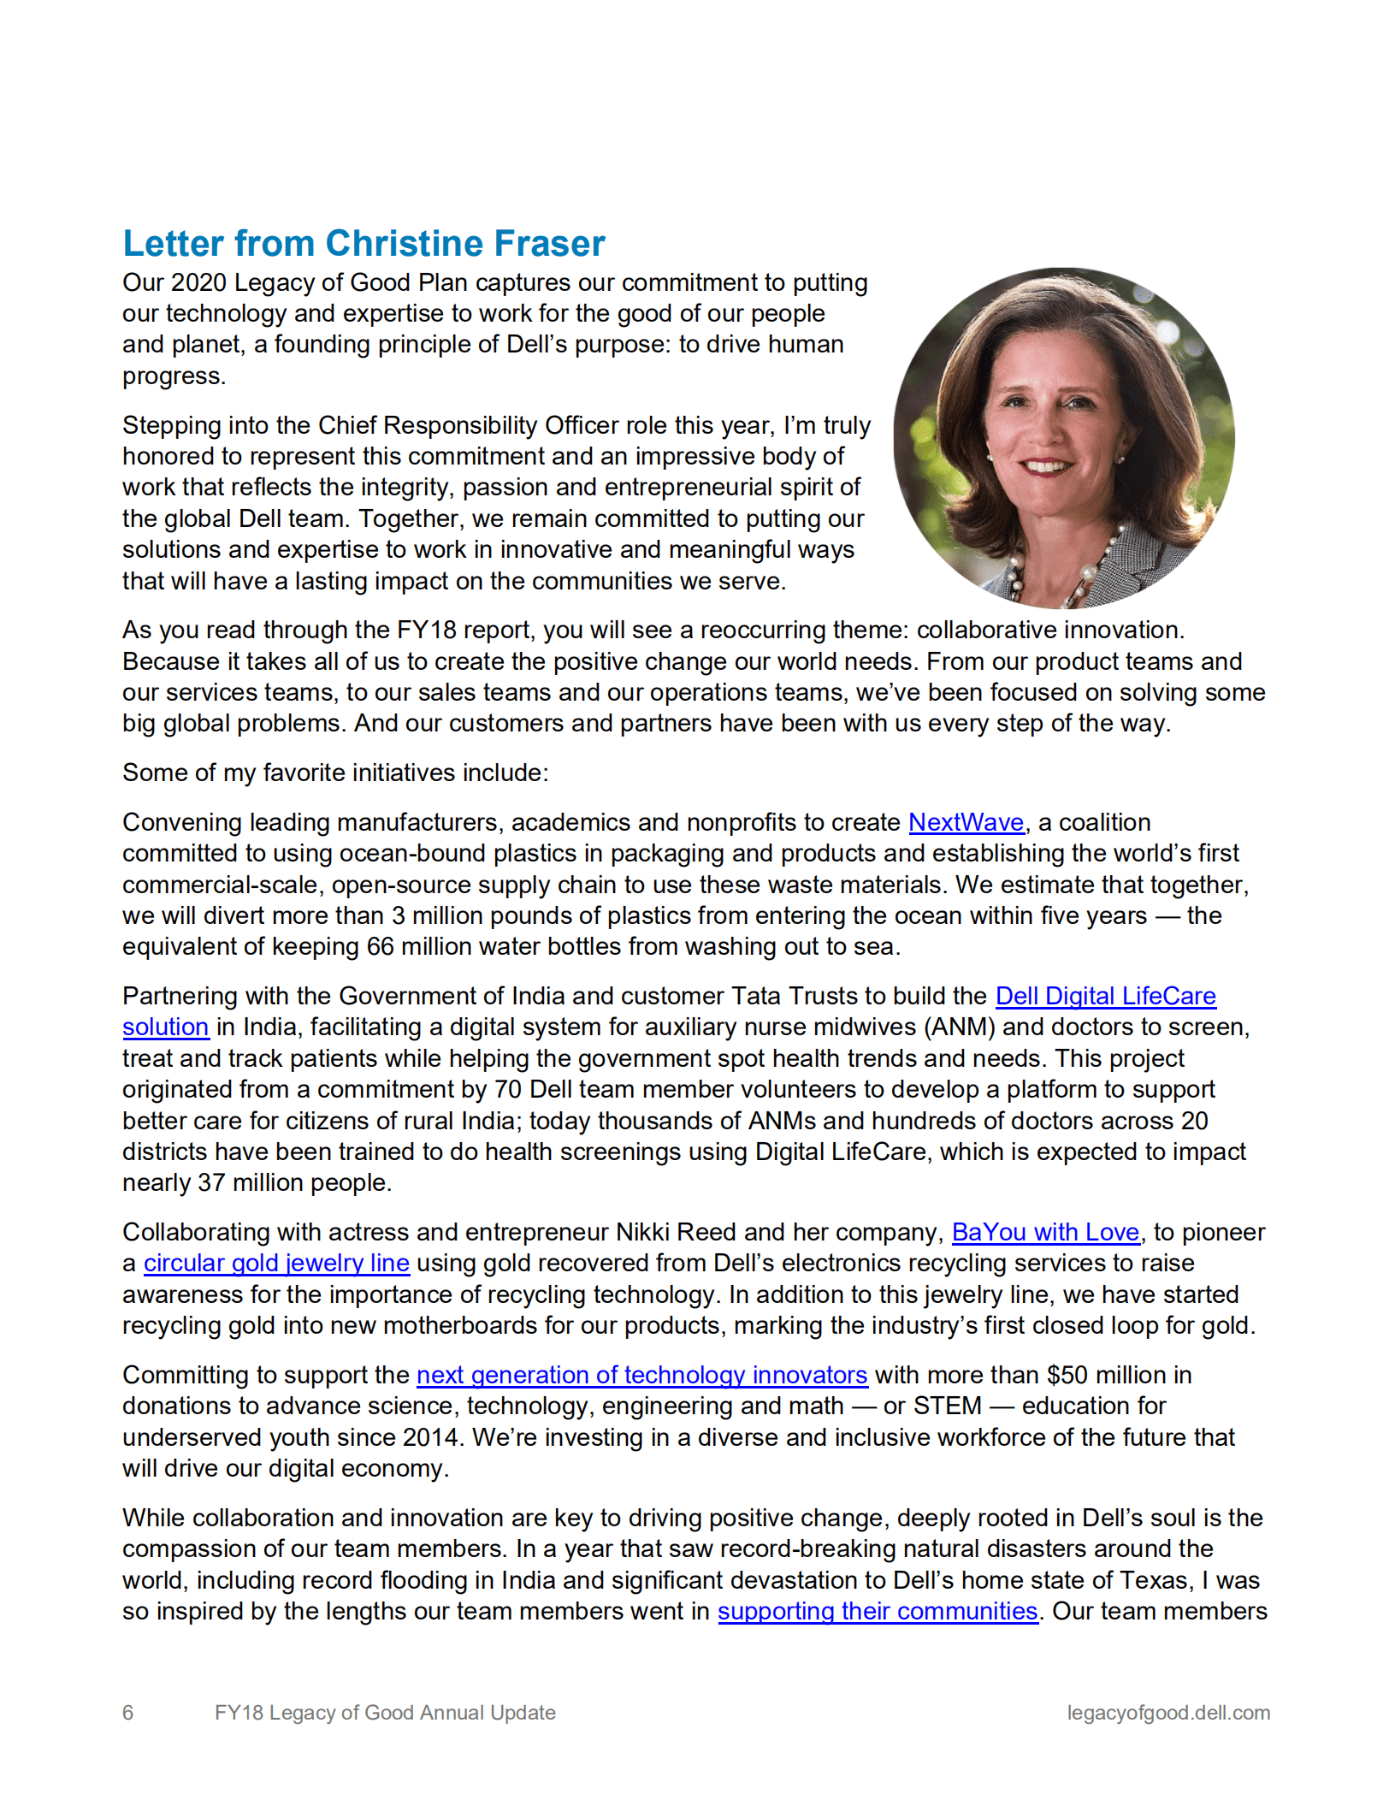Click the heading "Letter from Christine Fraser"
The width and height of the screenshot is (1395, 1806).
point(364,244)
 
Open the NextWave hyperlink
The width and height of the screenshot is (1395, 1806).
point(966,822)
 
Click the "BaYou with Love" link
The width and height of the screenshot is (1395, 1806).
point(1045,1232)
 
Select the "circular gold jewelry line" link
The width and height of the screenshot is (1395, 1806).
point(276,1263)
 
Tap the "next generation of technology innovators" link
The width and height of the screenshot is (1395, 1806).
point(641,1375)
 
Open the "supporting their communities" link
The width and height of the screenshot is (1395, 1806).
point(878,1611)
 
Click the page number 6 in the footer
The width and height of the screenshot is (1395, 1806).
point(128,1713)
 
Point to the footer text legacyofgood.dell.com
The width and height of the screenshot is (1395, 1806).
point(1168,1713)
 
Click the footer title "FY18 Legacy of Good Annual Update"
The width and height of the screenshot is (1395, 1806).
point(385,1713)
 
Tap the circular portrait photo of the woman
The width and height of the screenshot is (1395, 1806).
point(1063,438)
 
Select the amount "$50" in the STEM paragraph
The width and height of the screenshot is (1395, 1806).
point(1067,1375)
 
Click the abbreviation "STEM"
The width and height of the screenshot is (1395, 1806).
point(948,1406)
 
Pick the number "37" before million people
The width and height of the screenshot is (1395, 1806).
point(211,1182)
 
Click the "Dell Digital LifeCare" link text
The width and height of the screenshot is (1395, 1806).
point(1105,996)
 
